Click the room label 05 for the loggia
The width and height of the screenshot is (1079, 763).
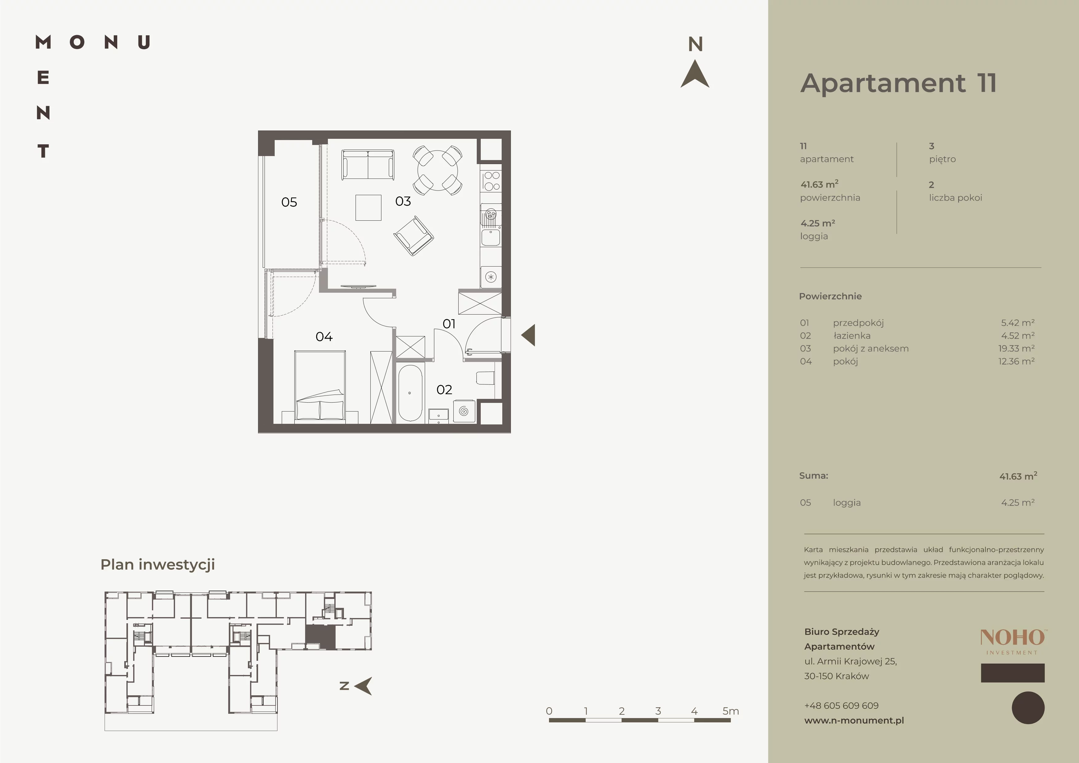[289, 202]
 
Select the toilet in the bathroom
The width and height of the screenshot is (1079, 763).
[485, 379]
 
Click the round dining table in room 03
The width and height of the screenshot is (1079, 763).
[437, 170]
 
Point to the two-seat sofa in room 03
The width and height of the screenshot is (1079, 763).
[368, 165]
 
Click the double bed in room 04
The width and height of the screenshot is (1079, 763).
[320, 385]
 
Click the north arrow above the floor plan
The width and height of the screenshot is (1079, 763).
[695, 74]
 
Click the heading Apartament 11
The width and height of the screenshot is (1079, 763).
[898, 83]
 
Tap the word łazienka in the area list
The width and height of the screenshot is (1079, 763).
[852, 336]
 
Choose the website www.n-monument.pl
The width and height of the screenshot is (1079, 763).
[854, 720]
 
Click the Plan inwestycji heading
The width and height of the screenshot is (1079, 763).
[157, 564]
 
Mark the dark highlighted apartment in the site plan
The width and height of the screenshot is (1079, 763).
[321, 637]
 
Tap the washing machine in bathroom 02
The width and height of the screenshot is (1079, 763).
[464, 411]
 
